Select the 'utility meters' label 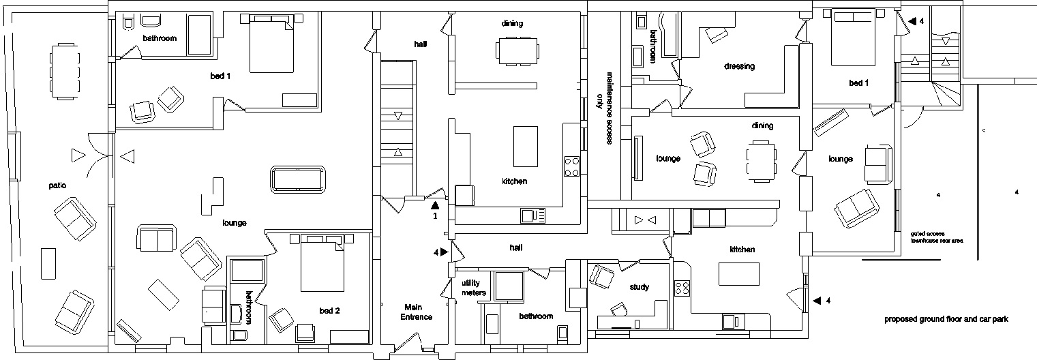coord(474,288)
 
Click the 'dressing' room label coord(739,66)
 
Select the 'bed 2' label coord(329,311)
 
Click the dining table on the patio coord(66,72)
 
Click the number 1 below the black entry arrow coord(434,216)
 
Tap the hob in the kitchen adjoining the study coord(682,288)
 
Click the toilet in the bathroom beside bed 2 coord(240,335)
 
